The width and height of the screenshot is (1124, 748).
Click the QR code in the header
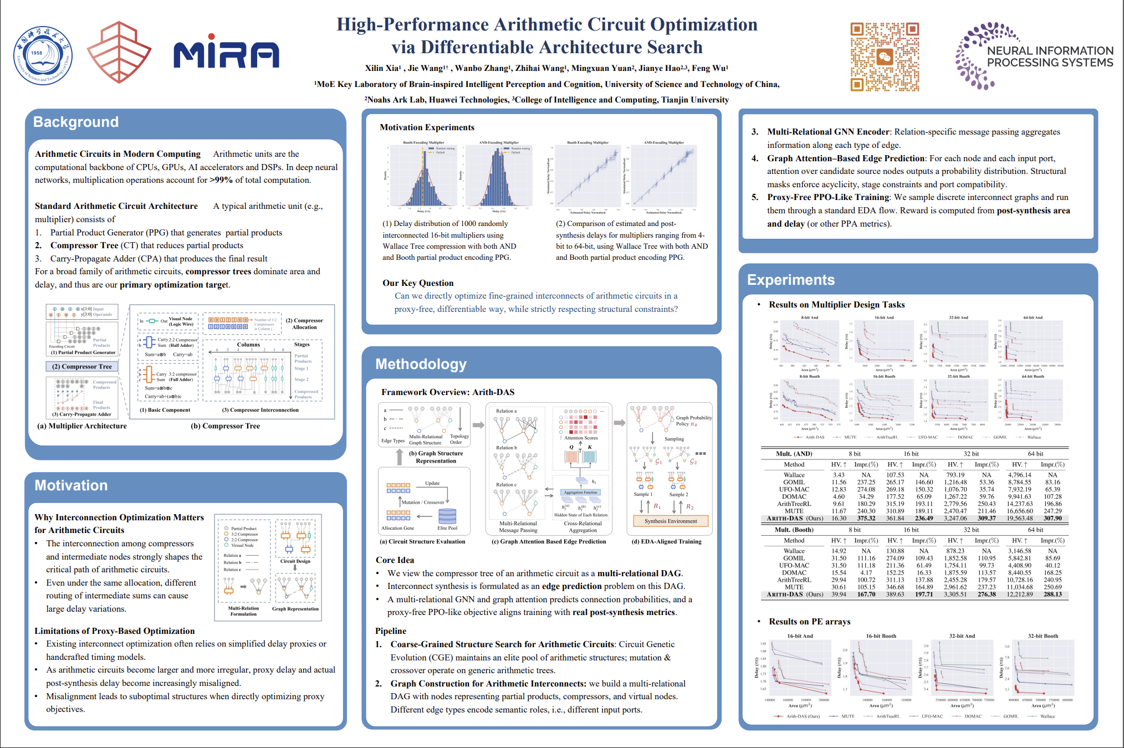coord(885,57)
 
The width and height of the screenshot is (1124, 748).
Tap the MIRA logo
coord(226,52)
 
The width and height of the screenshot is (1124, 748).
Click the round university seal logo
coord(43,56)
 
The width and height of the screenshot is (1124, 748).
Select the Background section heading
coord(76,122)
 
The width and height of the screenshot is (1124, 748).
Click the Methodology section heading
coord(421,364)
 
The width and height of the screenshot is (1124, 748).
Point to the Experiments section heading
coord(790,280)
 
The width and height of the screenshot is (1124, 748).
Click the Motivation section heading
coord(71,485)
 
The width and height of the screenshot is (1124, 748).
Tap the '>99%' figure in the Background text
coord(221,180)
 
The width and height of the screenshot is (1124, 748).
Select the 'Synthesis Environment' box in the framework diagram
coord(671,521)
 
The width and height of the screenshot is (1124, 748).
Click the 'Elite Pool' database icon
coord(447,516)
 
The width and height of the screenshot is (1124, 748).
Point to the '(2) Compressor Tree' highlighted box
coord(82,367)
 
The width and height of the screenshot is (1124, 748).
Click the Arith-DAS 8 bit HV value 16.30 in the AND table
coord(839,519)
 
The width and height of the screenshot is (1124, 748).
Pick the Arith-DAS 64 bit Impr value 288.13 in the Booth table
coord(1053,595)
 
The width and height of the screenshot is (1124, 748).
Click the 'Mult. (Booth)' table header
coord(794,530)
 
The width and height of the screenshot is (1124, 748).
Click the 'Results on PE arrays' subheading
coord(809,622)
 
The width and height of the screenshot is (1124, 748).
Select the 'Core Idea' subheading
coord(395,560)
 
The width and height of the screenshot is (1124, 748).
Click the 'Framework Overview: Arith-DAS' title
coord(448,392)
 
